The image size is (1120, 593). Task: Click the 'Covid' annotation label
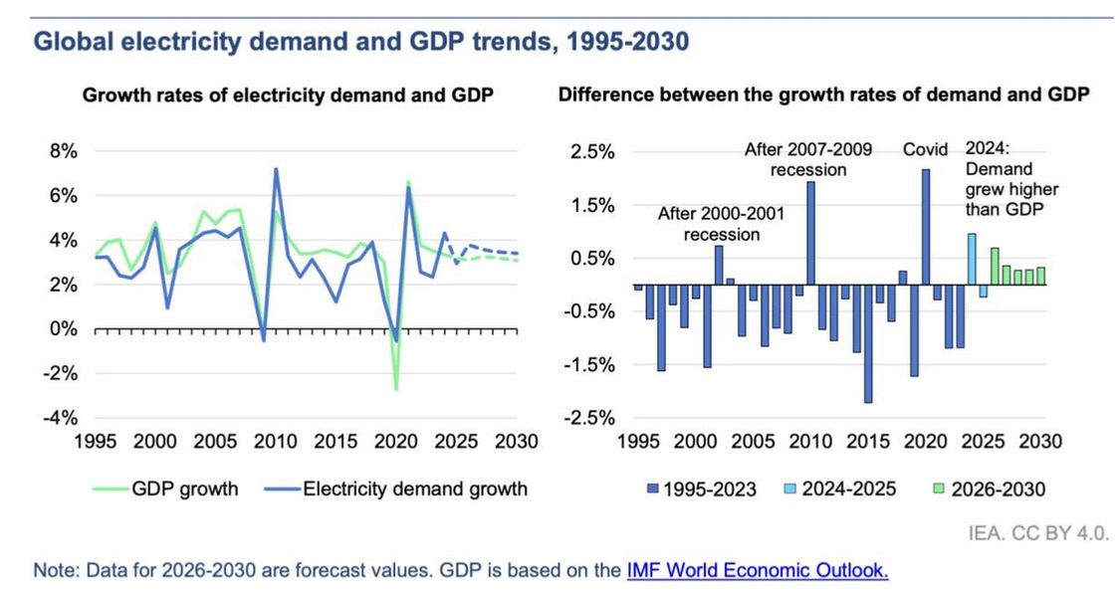point(925,150)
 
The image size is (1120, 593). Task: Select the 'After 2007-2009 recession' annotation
point(808,159)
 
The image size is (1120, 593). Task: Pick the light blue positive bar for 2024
point(971,259)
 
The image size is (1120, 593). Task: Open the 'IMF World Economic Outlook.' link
point(757,571)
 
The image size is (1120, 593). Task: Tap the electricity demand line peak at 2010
point(275,170)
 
